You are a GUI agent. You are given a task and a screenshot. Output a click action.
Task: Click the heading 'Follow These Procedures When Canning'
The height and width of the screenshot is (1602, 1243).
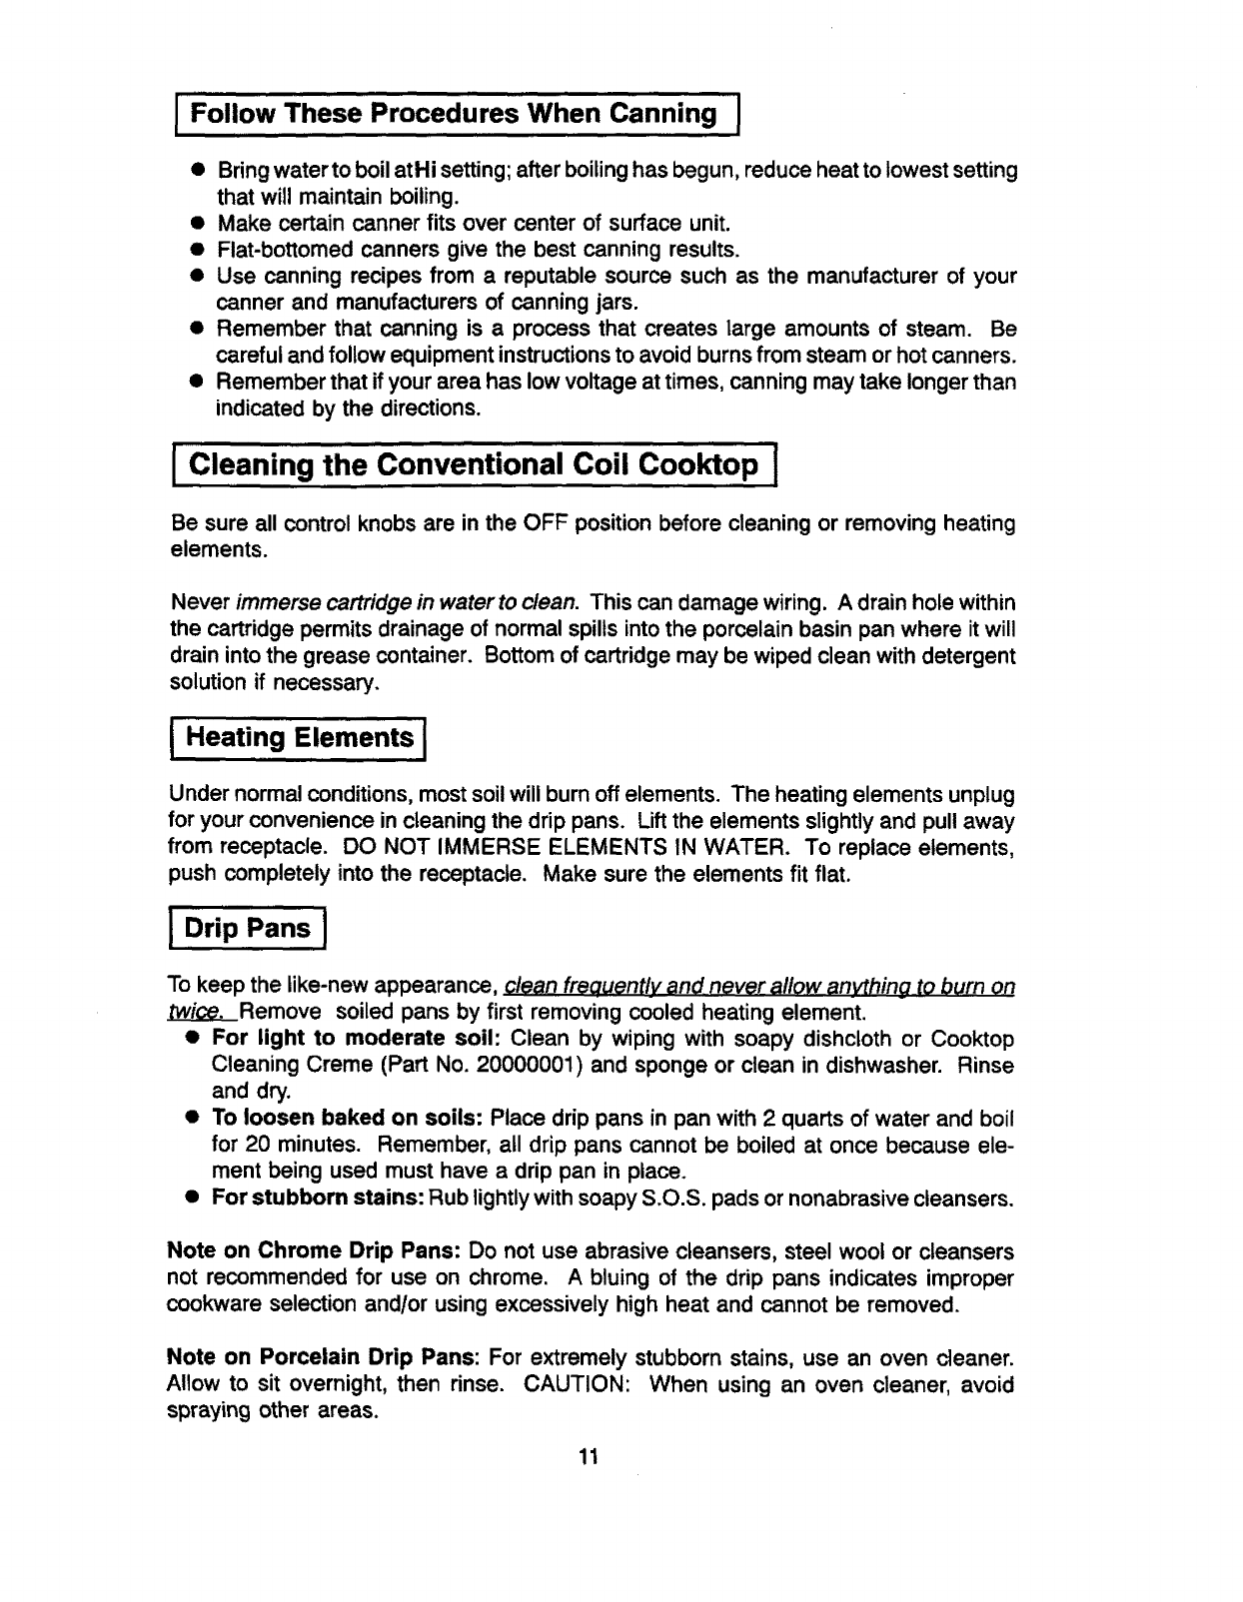[x=454, y=113]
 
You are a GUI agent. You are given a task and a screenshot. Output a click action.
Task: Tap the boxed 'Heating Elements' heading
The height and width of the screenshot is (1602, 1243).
[x=300, y=738]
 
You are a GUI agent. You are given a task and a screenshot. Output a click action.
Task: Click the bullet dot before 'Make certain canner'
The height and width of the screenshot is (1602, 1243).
[x=199, y=223]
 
